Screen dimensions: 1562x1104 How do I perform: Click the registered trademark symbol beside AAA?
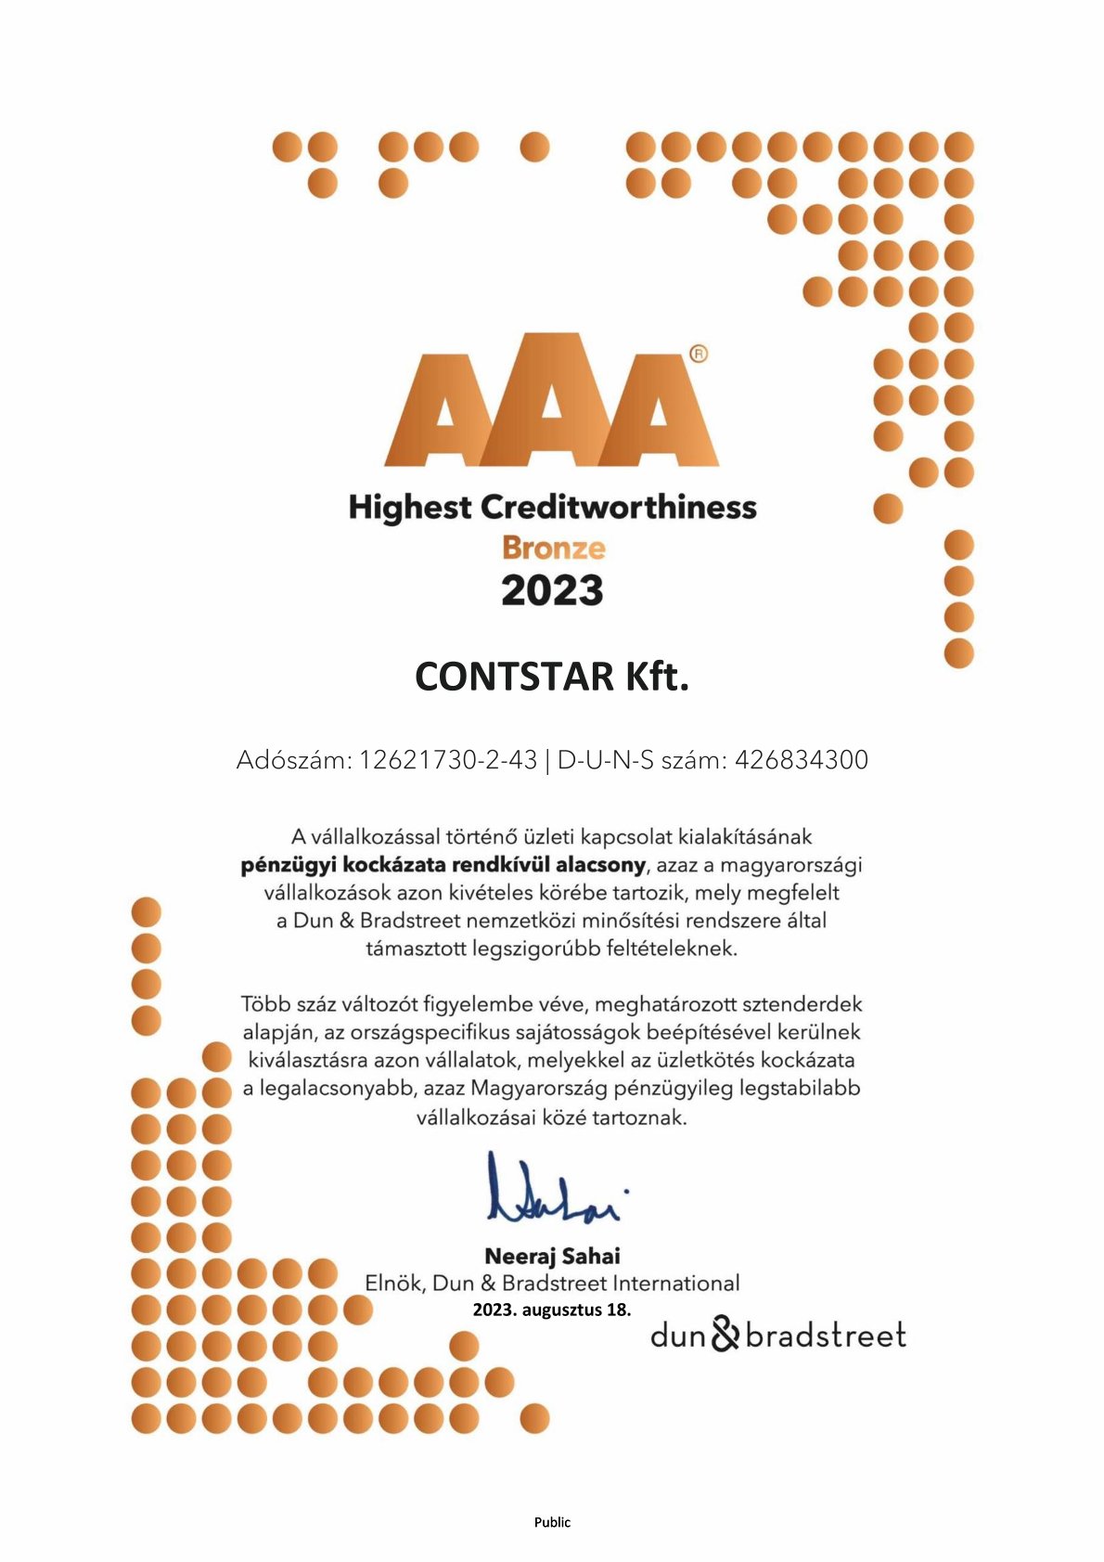[699, 354]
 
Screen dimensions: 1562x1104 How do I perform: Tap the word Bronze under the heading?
[553, 548]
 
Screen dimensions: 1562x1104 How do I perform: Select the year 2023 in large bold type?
[552, 591]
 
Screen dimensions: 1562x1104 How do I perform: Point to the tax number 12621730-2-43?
[448, 760]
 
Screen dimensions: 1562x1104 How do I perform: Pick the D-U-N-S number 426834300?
[802, 760]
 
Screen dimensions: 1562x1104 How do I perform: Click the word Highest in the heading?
[410, 508]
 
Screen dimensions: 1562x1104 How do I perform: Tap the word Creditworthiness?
[619, 508]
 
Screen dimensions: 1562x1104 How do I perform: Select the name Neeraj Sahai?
[552, 1256]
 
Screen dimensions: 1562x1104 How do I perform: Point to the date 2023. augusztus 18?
[551, 1310]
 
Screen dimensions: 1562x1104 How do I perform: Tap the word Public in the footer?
[552, 1522]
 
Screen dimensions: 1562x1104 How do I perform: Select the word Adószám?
[294, 760]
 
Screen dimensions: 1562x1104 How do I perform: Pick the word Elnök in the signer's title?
[394, 1284]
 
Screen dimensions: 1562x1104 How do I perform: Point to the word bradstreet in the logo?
[825, 1336]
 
